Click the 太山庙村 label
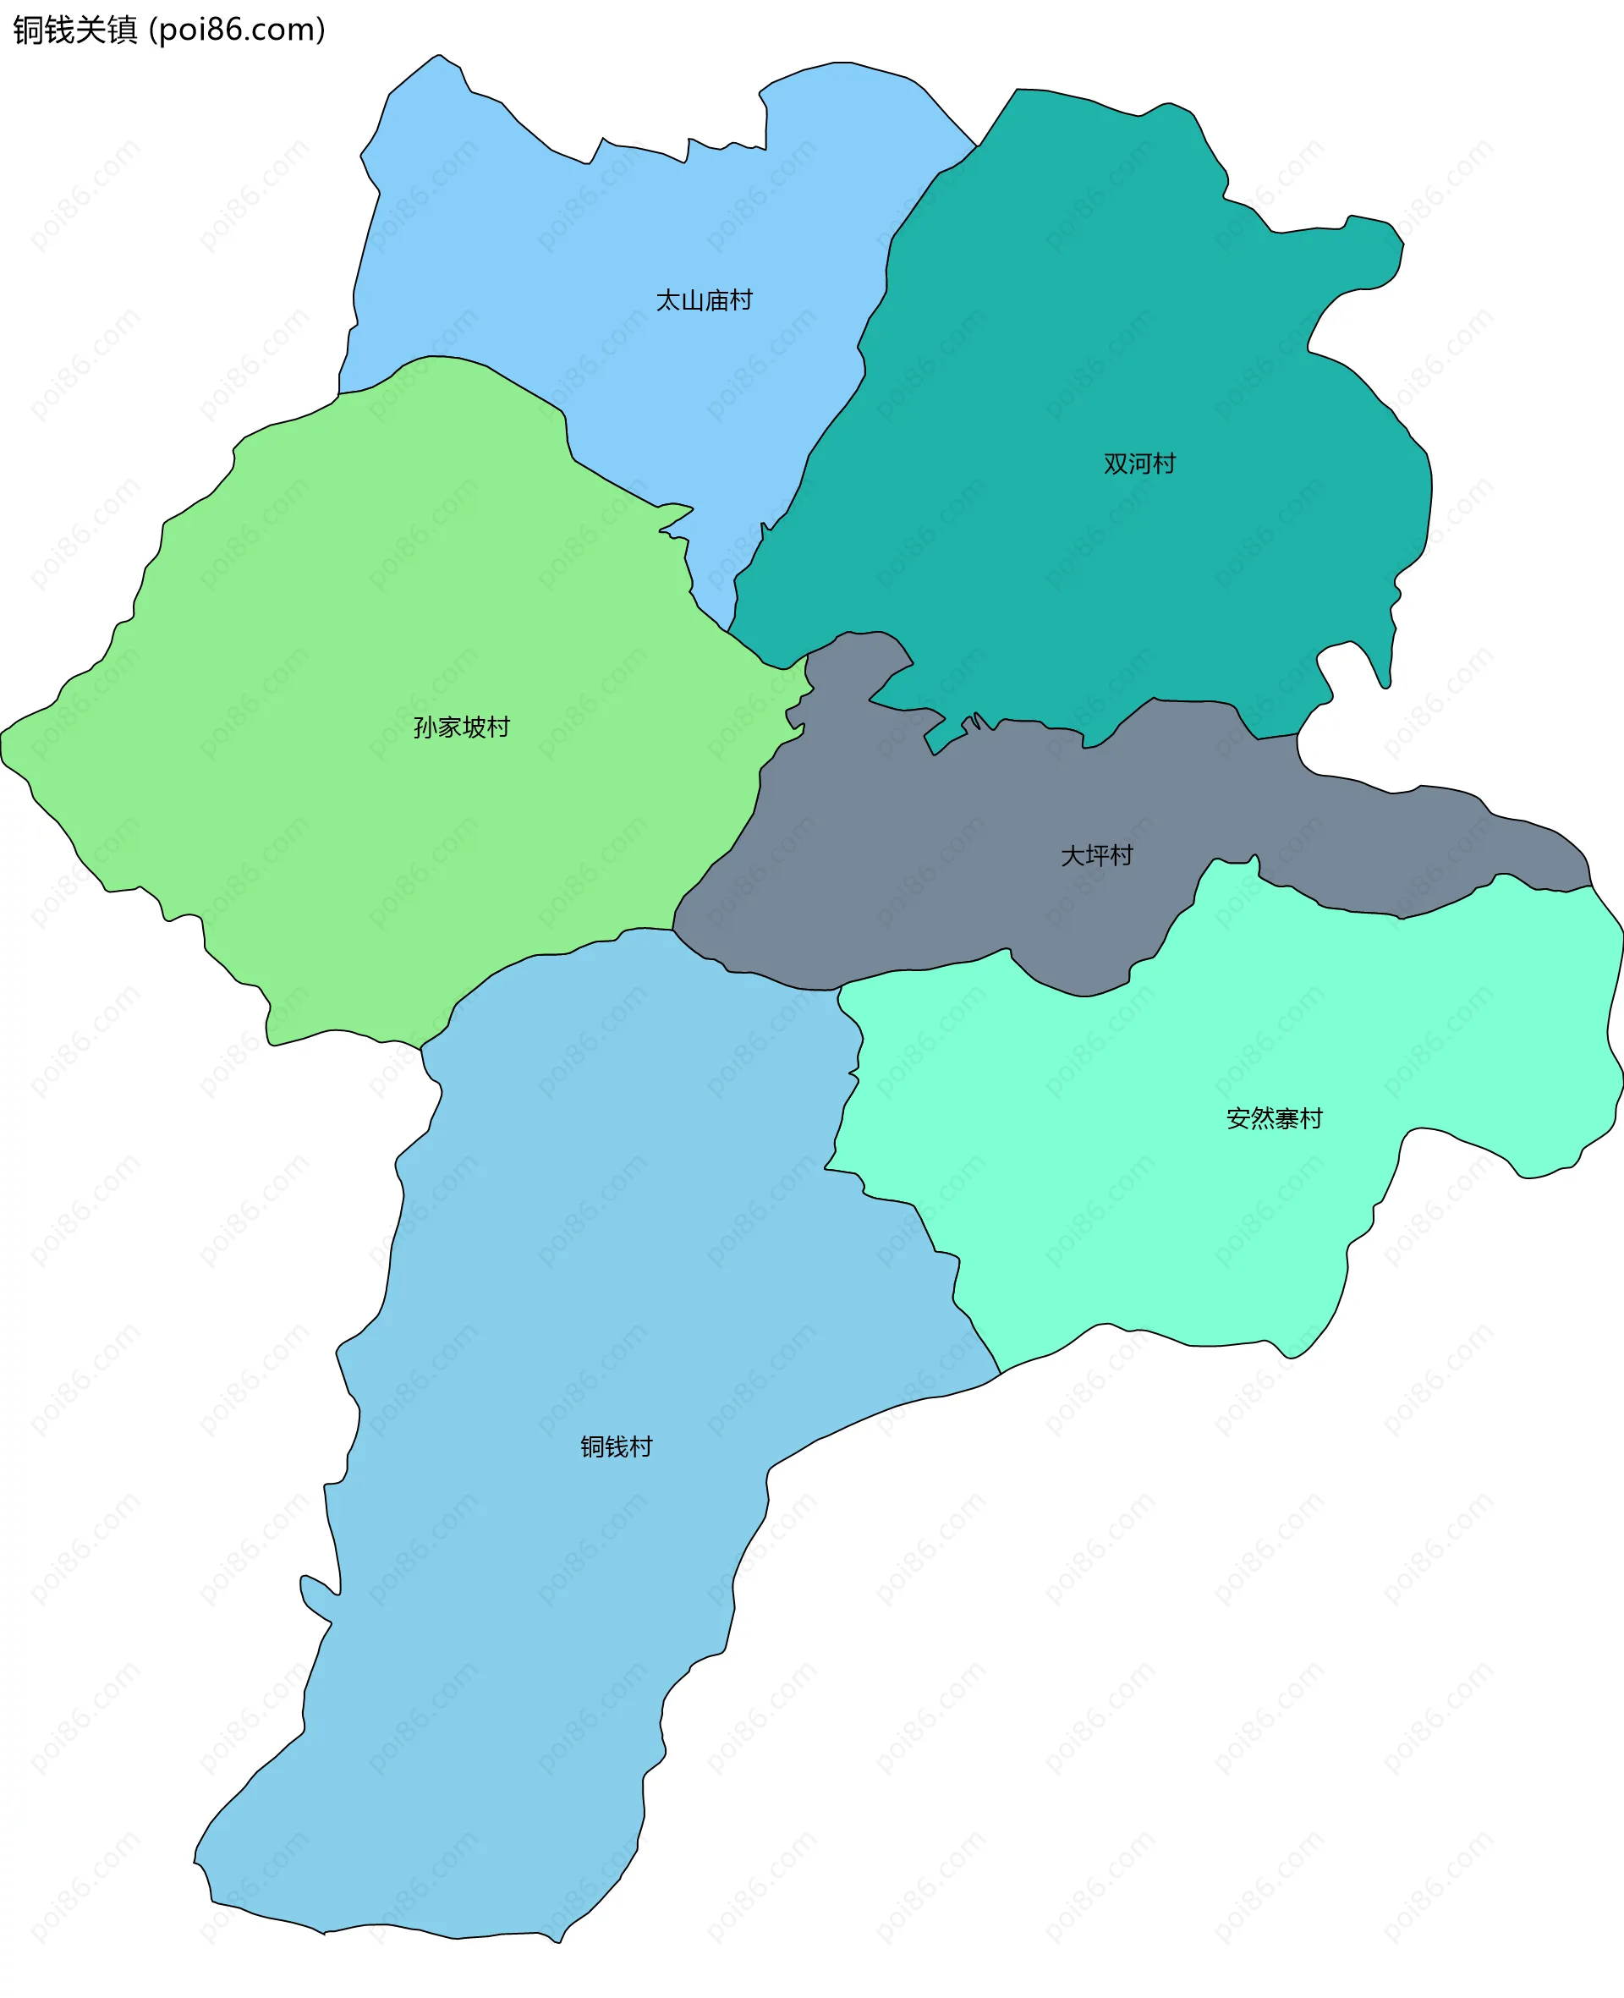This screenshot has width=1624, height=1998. [x=704, y=300]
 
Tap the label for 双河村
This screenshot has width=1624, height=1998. [x=1138, y=464]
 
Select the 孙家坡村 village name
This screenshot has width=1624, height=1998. [x=461, y=727]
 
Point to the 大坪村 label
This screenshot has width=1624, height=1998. [x=1096, y=855]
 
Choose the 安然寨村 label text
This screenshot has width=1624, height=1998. [x=1274, y=1119]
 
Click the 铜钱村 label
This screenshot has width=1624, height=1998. [x=616, y=1446]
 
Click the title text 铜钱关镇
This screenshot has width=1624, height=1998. [x=74, y=30]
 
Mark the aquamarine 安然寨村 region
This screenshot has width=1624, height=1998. [x=1169, y=1216]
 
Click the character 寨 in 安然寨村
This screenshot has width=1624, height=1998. [x=1287, y=1119]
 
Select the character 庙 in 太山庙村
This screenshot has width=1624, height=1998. [x=716, y=300]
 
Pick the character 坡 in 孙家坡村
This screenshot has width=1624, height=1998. [x=474, y=727]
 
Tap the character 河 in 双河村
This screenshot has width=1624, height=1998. [x=1138, y=464]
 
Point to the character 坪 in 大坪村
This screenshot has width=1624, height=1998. [x=1096, y=855]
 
